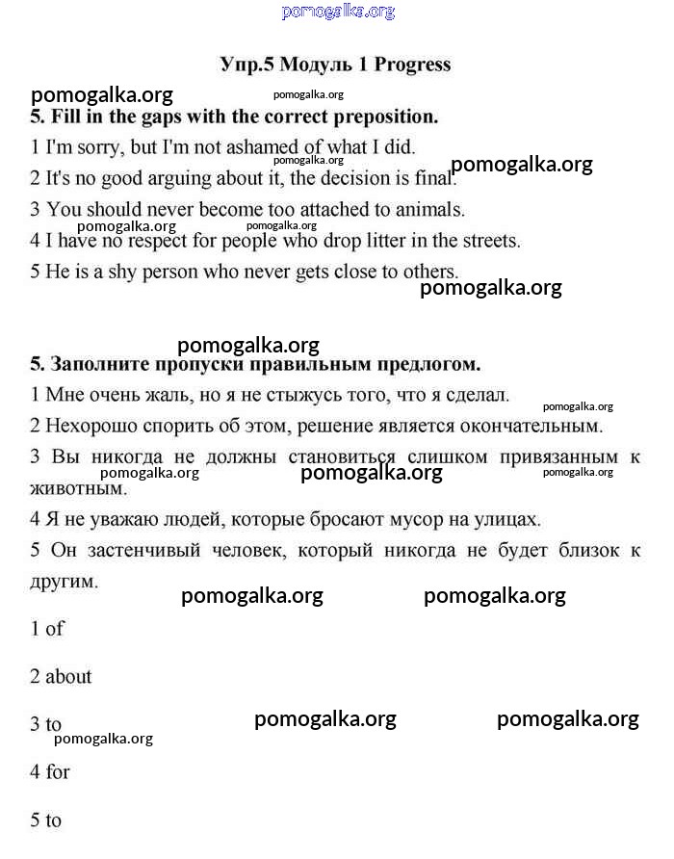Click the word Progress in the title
(x=412, y=65)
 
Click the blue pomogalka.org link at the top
(x=338, y=12)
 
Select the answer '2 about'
(x=61, y=677)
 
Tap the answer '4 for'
(x=50, y=772)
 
